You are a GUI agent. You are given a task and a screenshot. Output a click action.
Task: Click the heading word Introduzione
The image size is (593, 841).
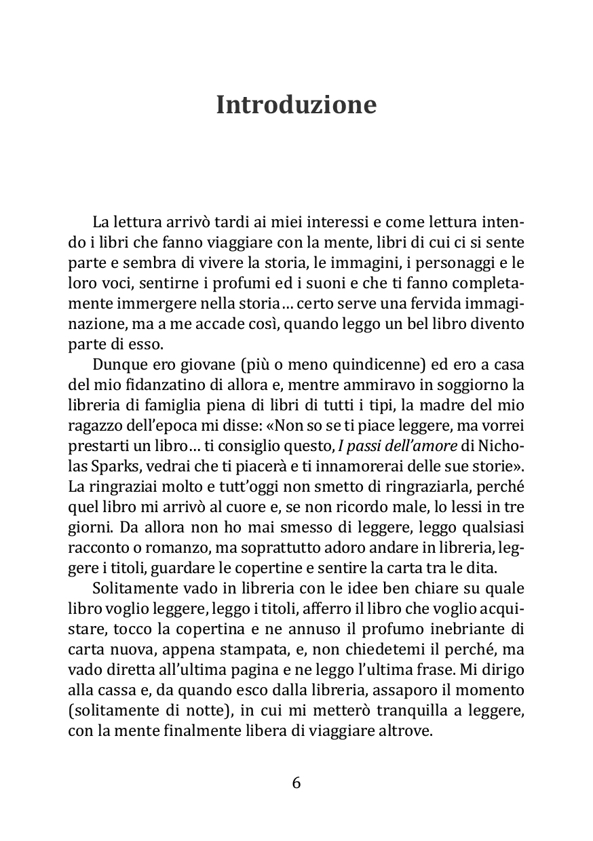(296, 105)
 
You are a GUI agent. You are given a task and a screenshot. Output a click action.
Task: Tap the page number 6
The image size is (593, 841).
(296, 783)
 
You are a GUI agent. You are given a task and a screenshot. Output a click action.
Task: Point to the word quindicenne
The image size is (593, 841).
(370, 366)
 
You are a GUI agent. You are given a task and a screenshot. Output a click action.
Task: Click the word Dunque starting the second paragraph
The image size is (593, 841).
(117, 366)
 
